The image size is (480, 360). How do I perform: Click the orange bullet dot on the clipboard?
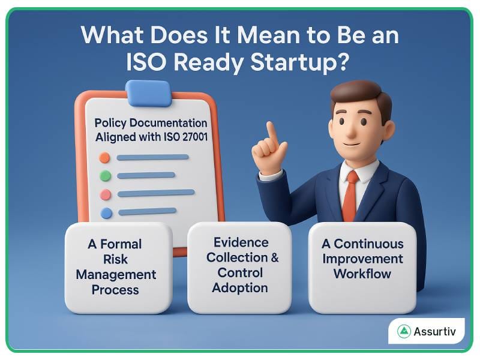tap(104, 158)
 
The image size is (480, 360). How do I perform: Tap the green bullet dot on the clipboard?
tap(105, 176)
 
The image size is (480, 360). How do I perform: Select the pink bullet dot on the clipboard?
tap(105, 194)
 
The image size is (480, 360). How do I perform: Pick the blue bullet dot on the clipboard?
tap(106, 212)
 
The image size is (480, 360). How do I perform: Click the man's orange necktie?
tap(350, 195)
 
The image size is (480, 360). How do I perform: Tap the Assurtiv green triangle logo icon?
tap(404, 331)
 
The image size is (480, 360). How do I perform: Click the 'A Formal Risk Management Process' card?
tap(118, 267)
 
